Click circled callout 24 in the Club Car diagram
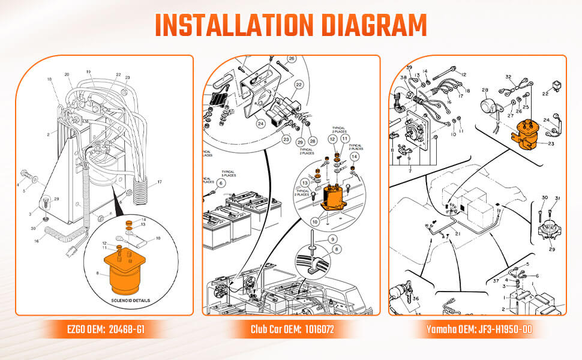(x=260, y=124)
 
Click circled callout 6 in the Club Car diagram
(x=221, y=183)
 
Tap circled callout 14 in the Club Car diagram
(x=355, y=156)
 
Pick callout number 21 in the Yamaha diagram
(x=457, y=233)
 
